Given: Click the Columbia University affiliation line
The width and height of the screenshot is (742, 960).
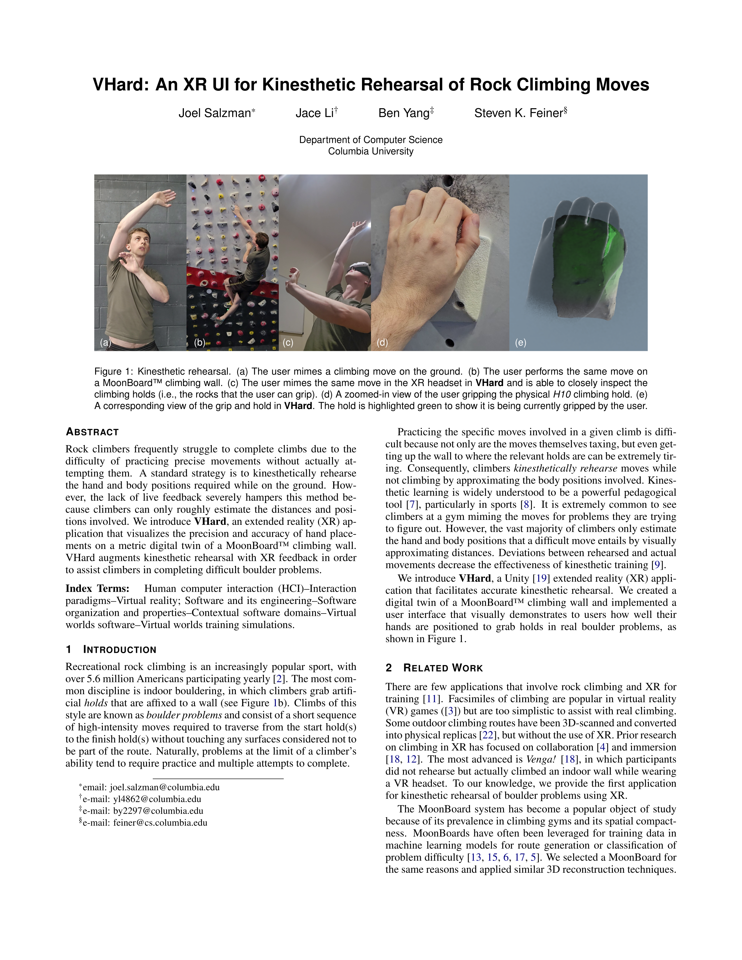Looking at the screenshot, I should [x=370, y=151].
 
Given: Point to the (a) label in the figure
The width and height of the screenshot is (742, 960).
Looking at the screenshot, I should [x=105, y=342].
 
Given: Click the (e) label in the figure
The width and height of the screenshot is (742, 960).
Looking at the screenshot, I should [x=521, y=342].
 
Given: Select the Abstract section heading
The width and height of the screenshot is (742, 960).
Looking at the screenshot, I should [x=92, y=432].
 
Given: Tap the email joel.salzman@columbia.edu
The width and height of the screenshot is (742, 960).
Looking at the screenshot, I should [x=164, y=787].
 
